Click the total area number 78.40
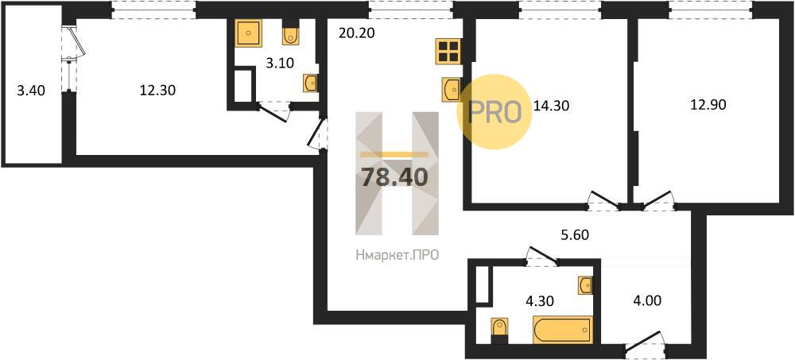[395, 177]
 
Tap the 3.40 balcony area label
[32, 91]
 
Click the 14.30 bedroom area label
[553, 106]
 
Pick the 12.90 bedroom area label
[708, 105]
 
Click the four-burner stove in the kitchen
[448, 51]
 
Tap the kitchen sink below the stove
[451, 90]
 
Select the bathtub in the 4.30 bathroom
[562, 330]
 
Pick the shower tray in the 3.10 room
[248, 33]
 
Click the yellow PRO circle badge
[494, 111]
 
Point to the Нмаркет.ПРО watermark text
[397, 256]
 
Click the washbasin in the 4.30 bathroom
[584, 285]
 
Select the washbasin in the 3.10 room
[311, 83]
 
